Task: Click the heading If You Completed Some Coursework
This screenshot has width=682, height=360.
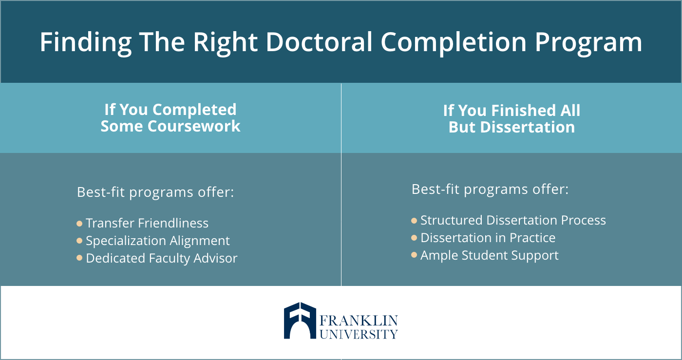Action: (x=170, y=118)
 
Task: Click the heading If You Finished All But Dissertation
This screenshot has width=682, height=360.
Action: (x=511, y=119)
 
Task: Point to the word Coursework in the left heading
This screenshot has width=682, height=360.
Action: (x=194, y=126)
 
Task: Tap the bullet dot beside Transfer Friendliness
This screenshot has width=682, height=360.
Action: (x=79, y=224)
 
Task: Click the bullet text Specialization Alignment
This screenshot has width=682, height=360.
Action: (x=158, y=241)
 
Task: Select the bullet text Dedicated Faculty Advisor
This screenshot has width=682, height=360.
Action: (x=162, y=258)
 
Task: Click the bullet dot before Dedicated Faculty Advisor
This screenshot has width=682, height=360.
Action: (x=79, y=258)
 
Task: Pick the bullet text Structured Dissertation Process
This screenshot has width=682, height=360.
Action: (x=513, y=220)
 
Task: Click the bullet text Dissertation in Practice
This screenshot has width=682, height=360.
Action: (x=488, y=238)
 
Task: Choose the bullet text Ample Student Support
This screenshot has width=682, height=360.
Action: (x=490, y=256)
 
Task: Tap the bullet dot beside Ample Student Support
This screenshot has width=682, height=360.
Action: (x=414, y=255)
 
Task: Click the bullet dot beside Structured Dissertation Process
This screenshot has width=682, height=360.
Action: (x=414, y=221)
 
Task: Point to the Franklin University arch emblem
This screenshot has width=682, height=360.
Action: (x=300, y=321)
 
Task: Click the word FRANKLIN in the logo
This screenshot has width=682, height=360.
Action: (x=359, y=321)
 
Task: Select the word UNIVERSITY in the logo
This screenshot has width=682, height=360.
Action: (x=359, y=334)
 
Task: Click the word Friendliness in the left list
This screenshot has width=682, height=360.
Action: (x=173, y=223)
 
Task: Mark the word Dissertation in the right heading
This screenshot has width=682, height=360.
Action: (x=527, y=127)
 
